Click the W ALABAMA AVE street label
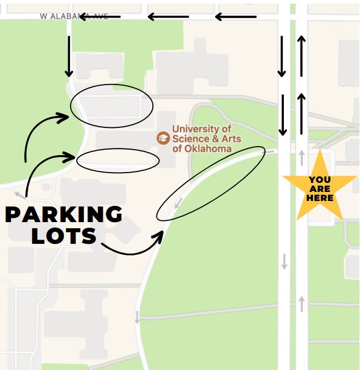(x=74, y=16)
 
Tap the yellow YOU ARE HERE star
(x=320, y=188)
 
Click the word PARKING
(x=64, y=214)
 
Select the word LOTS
(x=64, y=235)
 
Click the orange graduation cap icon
(x=163, y=138)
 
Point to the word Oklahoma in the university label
(x=209, y=148)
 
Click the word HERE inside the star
(x=320, y=197)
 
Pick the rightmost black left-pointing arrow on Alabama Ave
(x=236, y=17)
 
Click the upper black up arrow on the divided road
(x=301, y=56)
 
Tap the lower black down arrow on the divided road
(x=282, y=115)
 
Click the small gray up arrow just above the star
(x=301, y=158)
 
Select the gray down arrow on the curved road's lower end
(x=137, y=316)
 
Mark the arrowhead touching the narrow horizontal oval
(x=71, y=158)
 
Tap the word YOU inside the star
(x=320, y=179)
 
